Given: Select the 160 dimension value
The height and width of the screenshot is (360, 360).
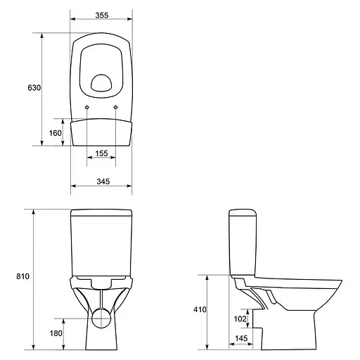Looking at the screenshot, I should click(56, 132).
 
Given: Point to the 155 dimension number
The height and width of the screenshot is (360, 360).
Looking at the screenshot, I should click(101, 153).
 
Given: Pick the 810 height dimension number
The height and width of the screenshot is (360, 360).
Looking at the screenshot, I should click(22, 277).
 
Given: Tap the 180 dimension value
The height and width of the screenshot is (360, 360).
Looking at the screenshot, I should click(56, 333).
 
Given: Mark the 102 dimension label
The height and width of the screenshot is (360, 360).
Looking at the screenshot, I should click(240, 319).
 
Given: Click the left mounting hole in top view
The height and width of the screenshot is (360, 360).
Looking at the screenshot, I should click(86, 107).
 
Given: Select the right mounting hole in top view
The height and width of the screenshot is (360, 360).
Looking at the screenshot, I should click(115, 107).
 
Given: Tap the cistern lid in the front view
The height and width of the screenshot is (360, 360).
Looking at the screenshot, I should click(101, 212).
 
